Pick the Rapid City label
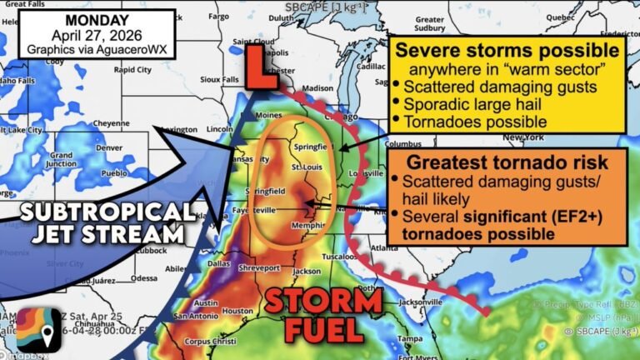tap(132, 71)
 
